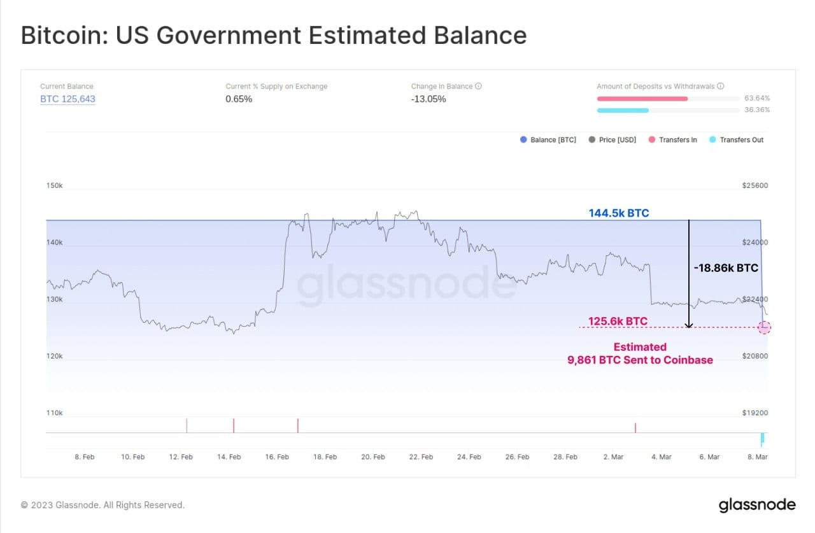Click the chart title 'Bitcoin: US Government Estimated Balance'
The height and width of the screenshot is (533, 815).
pos(274,36)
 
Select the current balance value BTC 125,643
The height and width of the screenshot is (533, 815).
pos(67,99)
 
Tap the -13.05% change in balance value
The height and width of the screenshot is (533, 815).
pos(429,99)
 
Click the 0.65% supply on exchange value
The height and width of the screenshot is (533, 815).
pos(239,99)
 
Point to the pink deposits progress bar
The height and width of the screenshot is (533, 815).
pos(642,99)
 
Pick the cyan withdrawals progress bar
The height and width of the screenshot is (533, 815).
pos(622,110)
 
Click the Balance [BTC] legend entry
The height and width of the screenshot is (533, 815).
pos(548,139)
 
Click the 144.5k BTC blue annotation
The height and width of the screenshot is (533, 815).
pos(618,213)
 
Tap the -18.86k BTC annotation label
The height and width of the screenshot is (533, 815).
pos(726,268)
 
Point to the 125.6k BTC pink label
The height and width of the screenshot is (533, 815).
pos(618,321)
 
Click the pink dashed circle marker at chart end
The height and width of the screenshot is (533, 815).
pos(765,327)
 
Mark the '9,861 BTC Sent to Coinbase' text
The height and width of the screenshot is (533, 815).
pos(640,360)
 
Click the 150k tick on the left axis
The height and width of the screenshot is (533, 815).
pos(55,186)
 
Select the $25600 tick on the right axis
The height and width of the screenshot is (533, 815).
pos(755,186)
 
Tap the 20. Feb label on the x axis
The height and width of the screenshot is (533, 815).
pos(373,457)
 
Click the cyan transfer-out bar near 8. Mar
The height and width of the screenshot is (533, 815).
pos(762,439)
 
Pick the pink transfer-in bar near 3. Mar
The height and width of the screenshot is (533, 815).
pos(635,427)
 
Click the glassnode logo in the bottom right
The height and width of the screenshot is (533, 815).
pos(756,505)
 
